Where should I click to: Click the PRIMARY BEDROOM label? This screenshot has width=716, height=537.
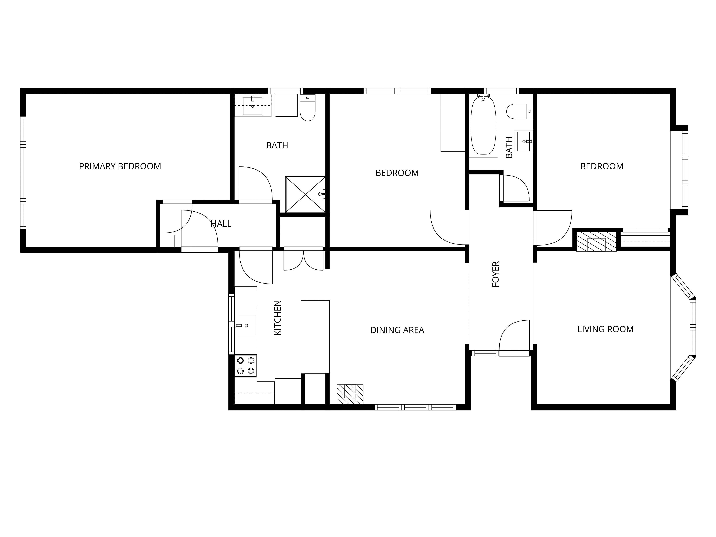click(x=120, y=166)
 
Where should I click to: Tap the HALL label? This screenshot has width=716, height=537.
click(x=221, y=224)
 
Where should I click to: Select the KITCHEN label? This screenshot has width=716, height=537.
click(x=278, y=318)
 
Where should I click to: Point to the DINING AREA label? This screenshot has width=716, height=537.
click(x=397, y=330)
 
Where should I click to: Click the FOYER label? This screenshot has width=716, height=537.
click(x=496, y=274)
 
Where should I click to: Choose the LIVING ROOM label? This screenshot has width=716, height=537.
click(x=606, y=329)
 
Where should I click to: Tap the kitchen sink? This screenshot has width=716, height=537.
click(x=246, y=325)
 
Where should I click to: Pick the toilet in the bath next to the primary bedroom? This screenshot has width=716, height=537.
click(x=308, y=108)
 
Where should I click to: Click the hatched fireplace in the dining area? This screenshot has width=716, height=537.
click(x=350, y=394)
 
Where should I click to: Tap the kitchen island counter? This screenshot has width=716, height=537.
click(x=315, y=337)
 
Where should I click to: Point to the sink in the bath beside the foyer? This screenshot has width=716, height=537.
click(x=523, y=141)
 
